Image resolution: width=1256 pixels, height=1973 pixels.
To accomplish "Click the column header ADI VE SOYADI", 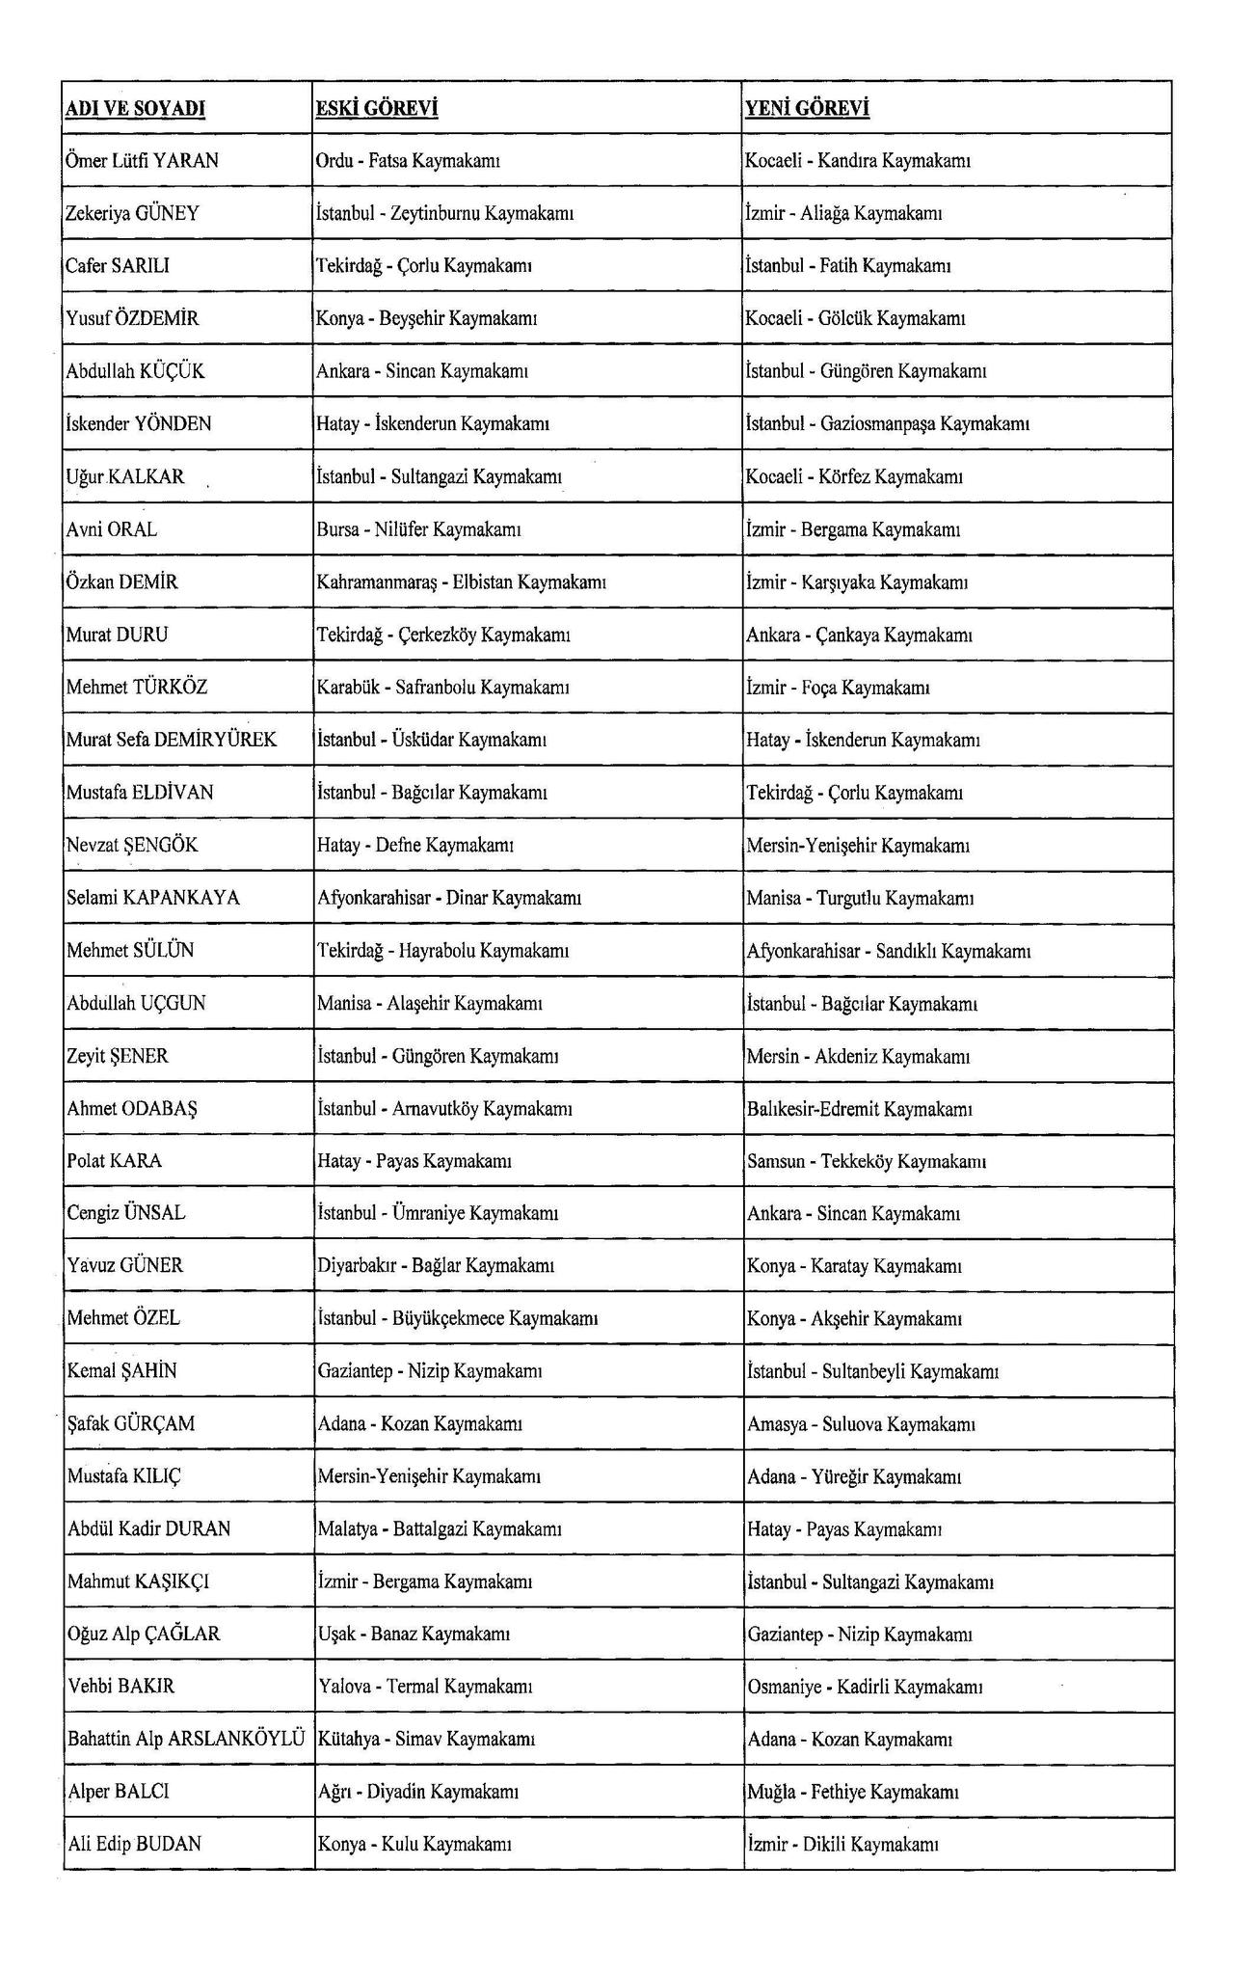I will click(x=135, y=109).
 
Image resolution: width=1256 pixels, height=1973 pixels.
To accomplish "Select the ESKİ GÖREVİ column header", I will click(x=377, y=109).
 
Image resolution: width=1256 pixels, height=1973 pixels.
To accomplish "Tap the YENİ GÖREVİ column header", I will click(x=807, y=109).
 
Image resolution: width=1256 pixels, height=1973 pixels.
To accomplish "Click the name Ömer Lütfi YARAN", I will click(x=143, y=161).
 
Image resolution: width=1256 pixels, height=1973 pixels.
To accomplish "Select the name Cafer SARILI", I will click(x=118, y=266).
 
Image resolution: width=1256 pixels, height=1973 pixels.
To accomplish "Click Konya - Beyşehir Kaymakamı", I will click(x=427, y=318).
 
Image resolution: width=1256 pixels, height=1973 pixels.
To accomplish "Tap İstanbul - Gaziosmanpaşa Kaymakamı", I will click(x=888, y=423).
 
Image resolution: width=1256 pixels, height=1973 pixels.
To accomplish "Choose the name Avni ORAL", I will click(x=112, y=529).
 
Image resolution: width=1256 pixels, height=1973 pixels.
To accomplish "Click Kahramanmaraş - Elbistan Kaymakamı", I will click(x=461, y=582).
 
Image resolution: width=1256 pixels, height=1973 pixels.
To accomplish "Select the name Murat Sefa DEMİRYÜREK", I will click(x=172, y=740).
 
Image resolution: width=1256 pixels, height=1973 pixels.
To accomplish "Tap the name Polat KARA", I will click(x=115, y=1161).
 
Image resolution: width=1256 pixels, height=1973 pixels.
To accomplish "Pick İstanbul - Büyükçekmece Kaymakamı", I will click(x=458, y=1318).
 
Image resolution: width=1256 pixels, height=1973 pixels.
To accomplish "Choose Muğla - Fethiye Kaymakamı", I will click(x=852, y=1792).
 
